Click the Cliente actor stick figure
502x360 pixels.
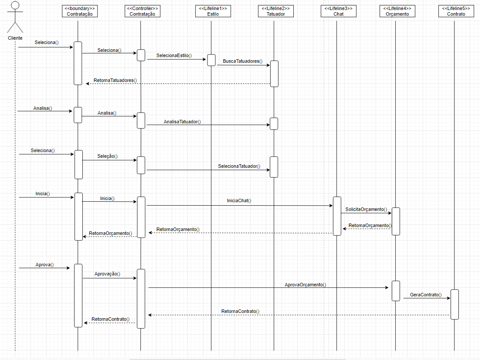[x=15, y=17]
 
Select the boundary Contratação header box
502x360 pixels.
[x=80, y=11]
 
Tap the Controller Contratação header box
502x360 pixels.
[x=142, y=11]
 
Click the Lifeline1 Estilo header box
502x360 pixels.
[x=213, y=11]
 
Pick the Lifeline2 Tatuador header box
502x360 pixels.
[x=275, y=11]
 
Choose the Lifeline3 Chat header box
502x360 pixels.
[x=338, y=11]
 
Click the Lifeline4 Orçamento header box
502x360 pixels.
[x=397, y=11]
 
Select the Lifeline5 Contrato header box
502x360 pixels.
[x=456, y=11]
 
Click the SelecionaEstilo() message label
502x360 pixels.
[x=174, y=56]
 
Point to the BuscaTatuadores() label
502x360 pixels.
[x=242, y=61]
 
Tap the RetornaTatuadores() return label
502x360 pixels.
[x=115, y=80]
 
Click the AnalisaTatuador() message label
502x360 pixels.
[x=182, y=122]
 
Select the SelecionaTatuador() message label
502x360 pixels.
[x=239, y=166]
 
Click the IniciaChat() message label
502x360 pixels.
[x=239, y=200]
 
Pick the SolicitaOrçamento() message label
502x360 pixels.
[x=366, y=209]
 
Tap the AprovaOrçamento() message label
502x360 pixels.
[x=305, y=285]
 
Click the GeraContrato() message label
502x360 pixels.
[x=425, y=295]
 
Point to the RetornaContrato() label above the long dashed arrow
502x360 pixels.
[x=240, y=311]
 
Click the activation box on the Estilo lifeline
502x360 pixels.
[x=211, y=60]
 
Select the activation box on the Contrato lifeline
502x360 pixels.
[x=455, y=304]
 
